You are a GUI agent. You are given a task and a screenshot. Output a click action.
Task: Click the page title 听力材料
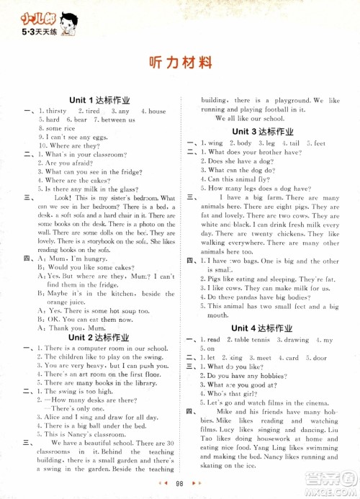pyautogui.click(x=179, y=62)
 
